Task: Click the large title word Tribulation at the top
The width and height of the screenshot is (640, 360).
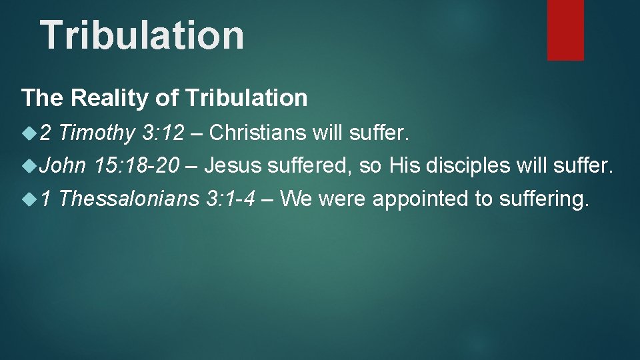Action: [x=142, y=35]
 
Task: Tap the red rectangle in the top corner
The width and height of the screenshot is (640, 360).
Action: [x=565, y=30]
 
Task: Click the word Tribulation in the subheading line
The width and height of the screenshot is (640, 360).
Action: [x=247, y=98]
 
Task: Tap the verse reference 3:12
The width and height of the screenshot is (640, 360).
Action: [x=163, y=133]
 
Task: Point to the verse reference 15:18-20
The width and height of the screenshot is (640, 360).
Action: [x=137, y=165]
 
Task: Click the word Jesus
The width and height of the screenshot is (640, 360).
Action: [x=232, y=165]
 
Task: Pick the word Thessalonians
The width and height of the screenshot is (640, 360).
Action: [x=133, y=198]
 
